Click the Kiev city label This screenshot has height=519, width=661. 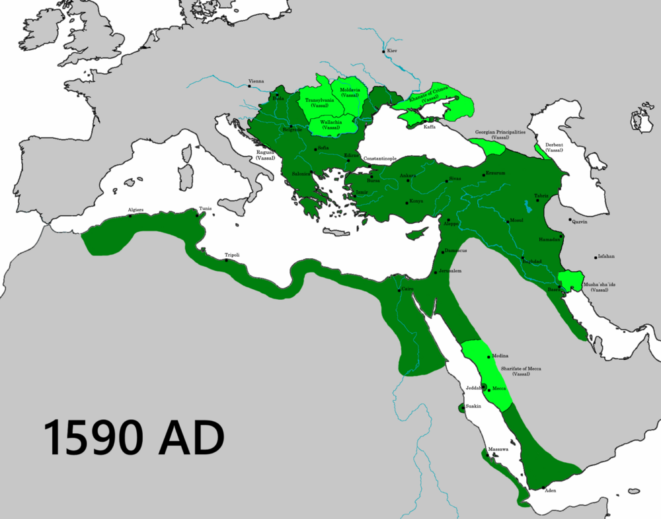(393, 51)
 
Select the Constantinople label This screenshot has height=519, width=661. (380, 159)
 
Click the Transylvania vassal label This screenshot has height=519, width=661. (320, 102)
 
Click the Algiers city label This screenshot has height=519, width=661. (136, 210)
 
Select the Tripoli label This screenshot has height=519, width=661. (232, 255)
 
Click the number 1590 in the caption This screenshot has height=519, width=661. (91, 437)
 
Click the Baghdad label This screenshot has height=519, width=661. (532, 261)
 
